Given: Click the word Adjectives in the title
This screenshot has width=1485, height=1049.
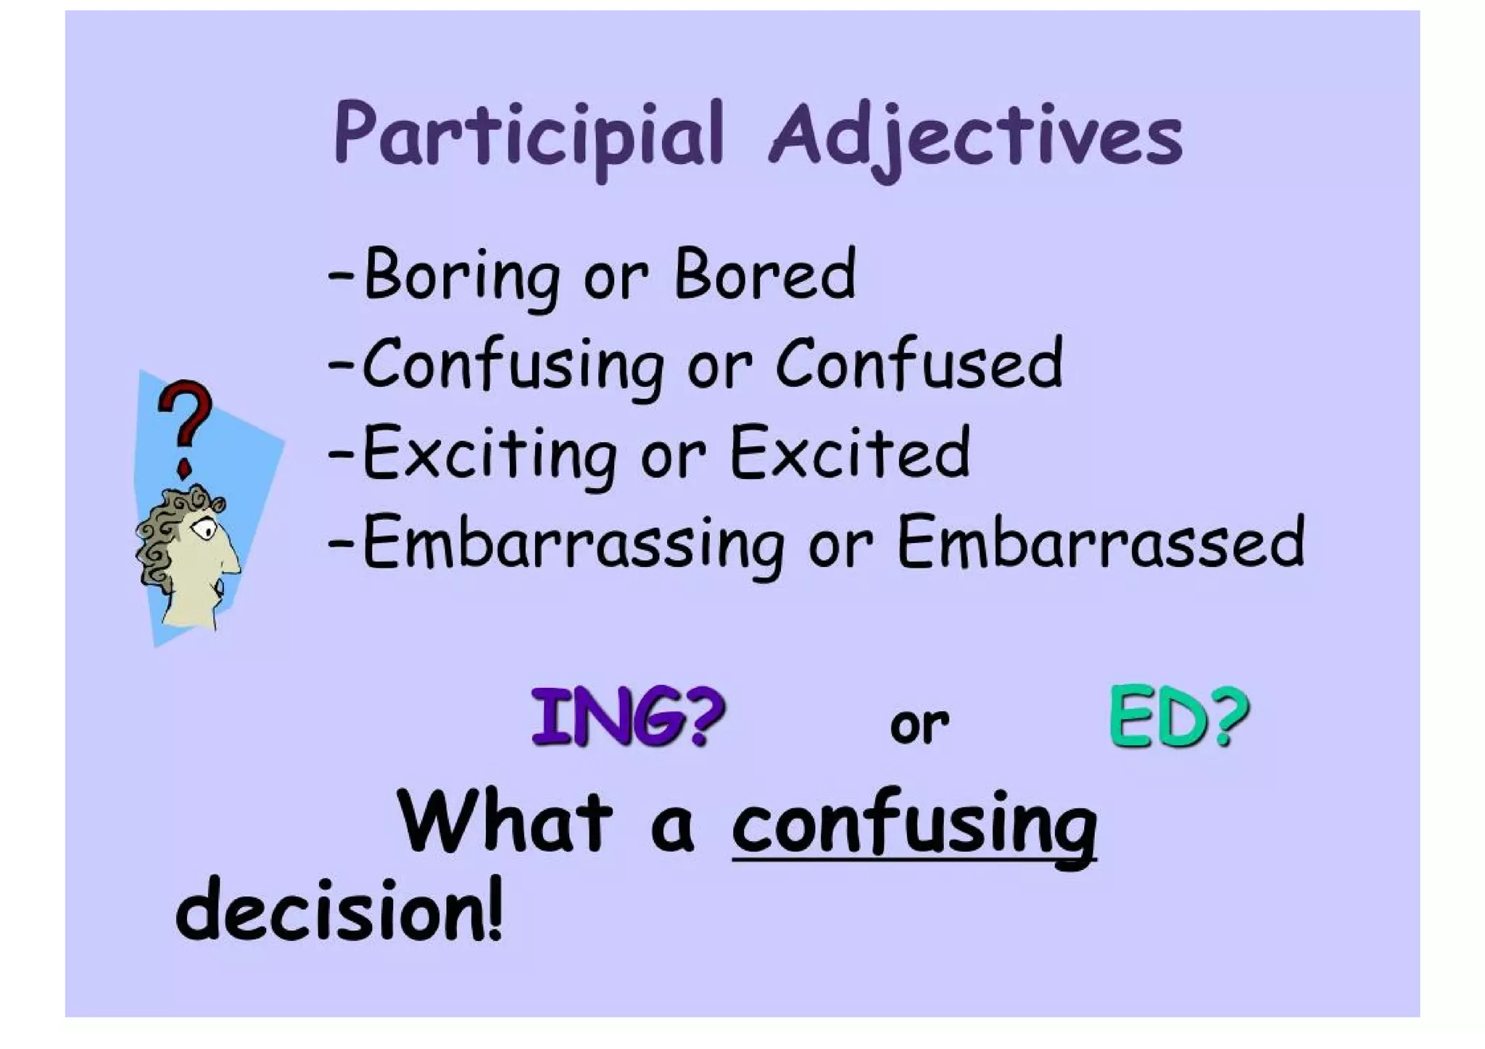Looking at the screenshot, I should click(x=975, y=136).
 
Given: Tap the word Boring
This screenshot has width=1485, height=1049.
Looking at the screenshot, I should click(x=461, y=275).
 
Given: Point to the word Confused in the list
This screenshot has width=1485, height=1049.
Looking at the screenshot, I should click(x=919, y=364).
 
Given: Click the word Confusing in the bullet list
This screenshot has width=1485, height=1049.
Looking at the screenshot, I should click(x=512, y=365).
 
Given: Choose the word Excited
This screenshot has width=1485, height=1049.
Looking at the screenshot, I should click(x=849, y=453).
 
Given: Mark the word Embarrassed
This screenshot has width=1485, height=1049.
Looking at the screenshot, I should click(x=1100, y=542).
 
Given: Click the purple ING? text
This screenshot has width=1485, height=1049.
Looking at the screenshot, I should click(x=628, y=717).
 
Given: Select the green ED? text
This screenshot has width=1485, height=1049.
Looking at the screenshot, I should click(x=1179, y=717).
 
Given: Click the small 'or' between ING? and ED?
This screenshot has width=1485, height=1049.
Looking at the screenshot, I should click(x=919, y=724).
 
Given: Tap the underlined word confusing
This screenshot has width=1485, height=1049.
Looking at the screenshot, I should click(x=914, y=826).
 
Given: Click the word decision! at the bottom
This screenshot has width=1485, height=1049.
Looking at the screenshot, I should click(x=339, y=911).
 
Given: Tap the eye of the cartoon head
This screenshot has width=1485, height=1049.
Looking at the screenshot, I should click(x=204, y=530).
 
